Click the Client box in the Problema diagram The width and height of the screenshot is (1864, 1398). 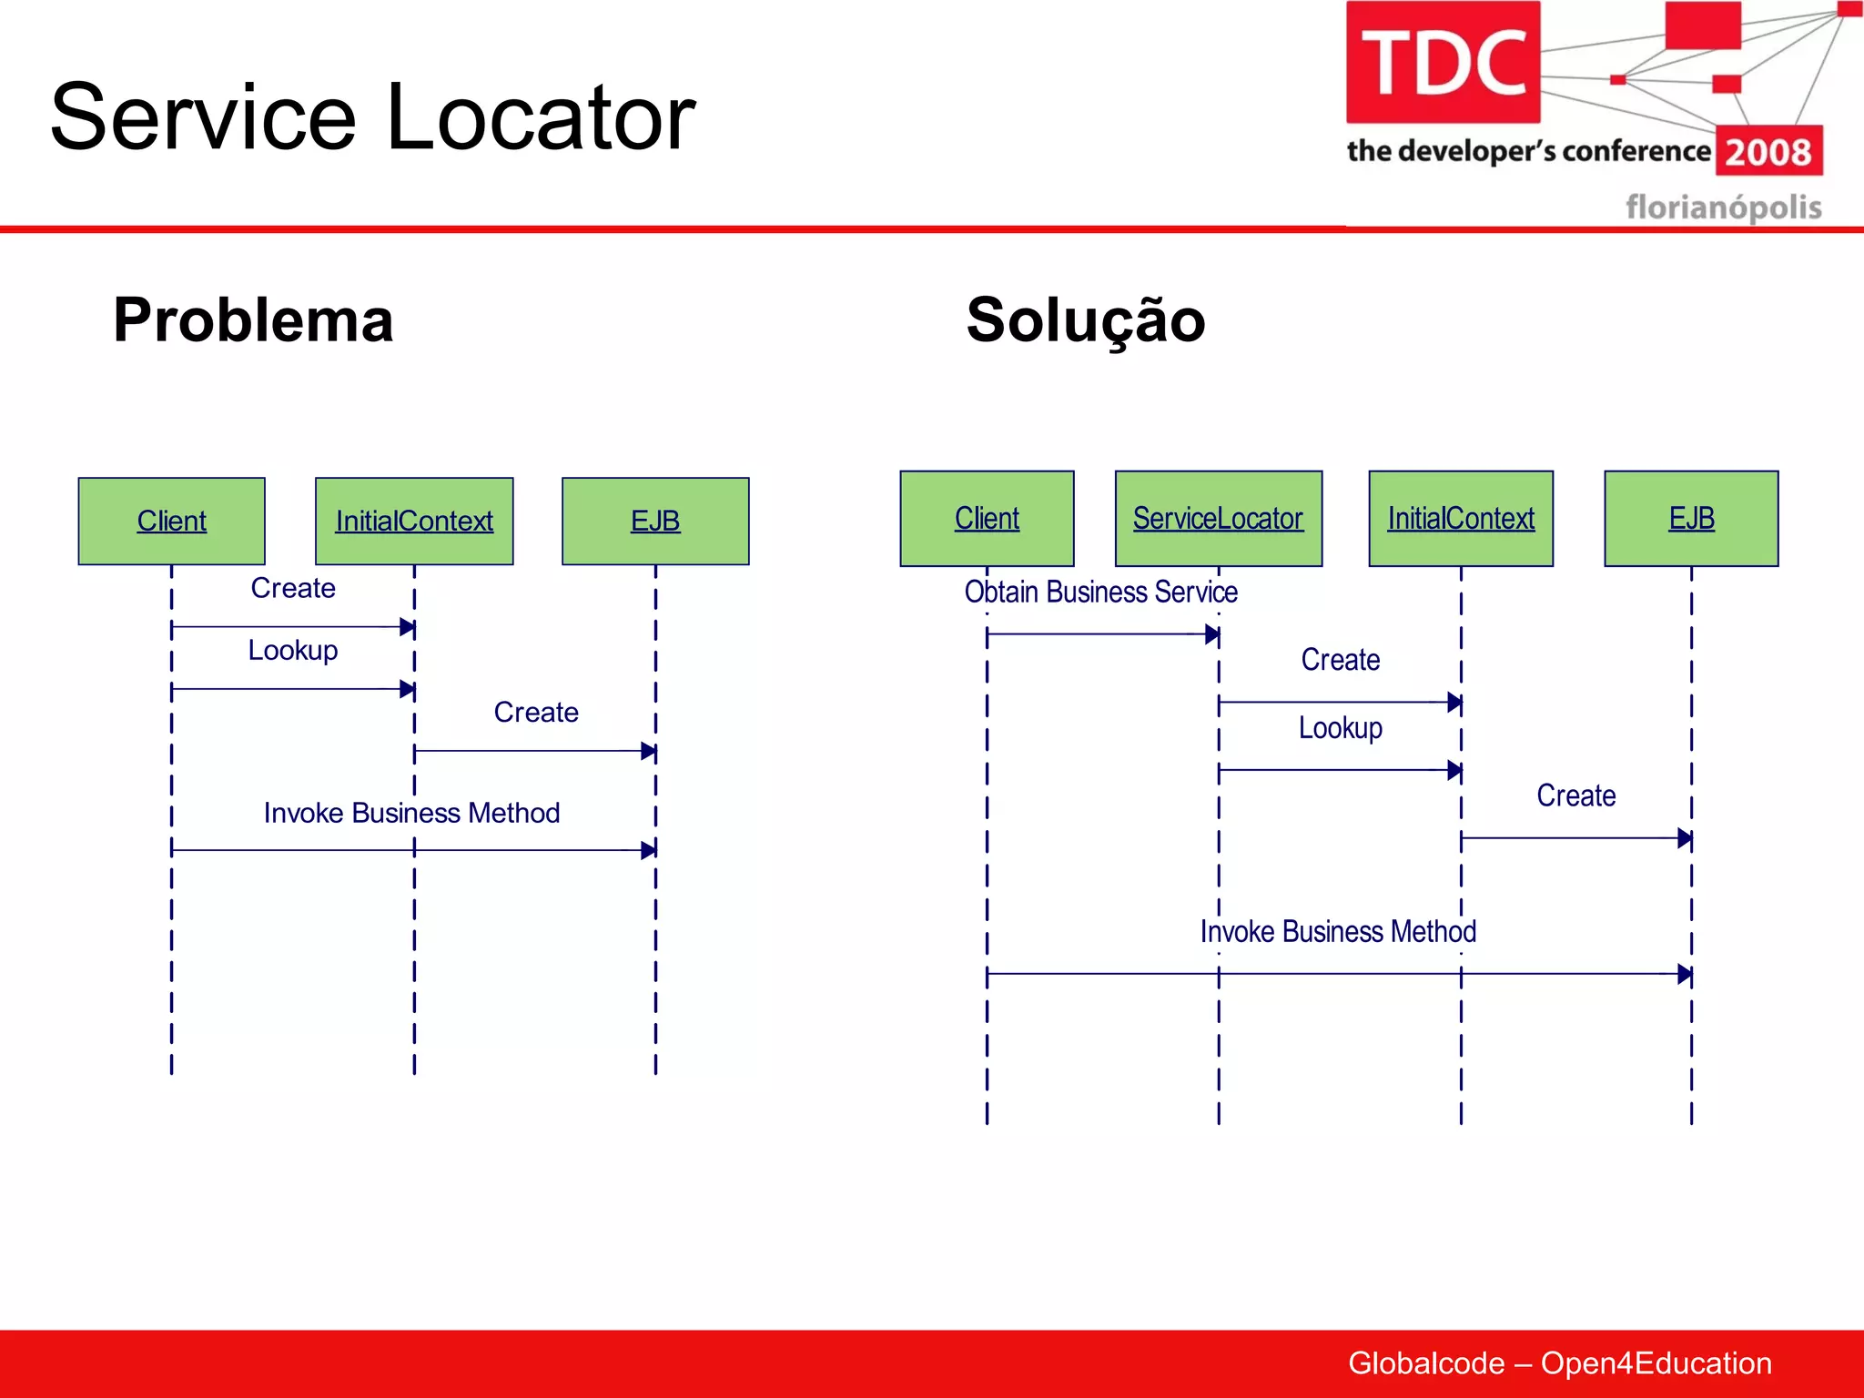pos(171,521)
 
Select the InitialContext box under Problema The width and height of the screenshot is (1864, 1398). pos(414,521)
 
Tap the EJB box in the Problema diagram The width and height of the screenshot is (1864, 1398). pos(655,521)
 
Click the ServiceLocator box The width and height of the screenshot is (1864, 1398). pos(1218,518)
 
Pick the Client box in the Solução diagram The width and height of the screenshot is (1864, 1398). pos(987,518)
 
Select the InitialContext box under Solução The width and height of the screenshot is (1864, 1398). pos(1461,518)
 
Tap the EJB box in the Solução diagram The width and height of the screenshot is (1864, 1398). pos(1691,518)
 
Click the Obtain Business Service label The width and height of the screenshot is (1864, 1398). pos(1100,592)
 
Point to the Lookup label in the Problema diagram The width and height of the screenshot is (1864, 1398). pos(293,650)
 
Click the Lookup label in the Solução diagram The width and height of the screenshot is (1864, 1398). pos(1340,727)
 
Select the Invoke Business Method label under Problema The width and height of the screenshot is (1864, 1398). pos(411,812)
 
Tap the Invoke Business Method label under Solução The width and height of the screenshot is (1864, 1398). pos(1338,931)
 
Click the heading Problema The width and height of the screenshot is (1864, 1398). pos(253,320)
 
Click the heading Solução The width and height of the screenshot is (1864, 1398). pos(1086,320)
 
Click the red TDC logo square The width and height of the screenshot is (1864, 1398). pos(1443,62)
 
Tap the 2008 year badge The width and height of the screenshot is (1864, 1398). pos(1768,151)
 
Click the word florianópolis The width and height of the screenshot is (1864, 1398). pos(1723,207)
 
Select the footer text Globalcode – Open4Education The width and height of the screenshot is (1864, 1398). pos(1559,1363)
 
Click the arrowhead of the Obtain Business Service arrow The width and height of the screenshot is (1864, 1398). pos(1211,634)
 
